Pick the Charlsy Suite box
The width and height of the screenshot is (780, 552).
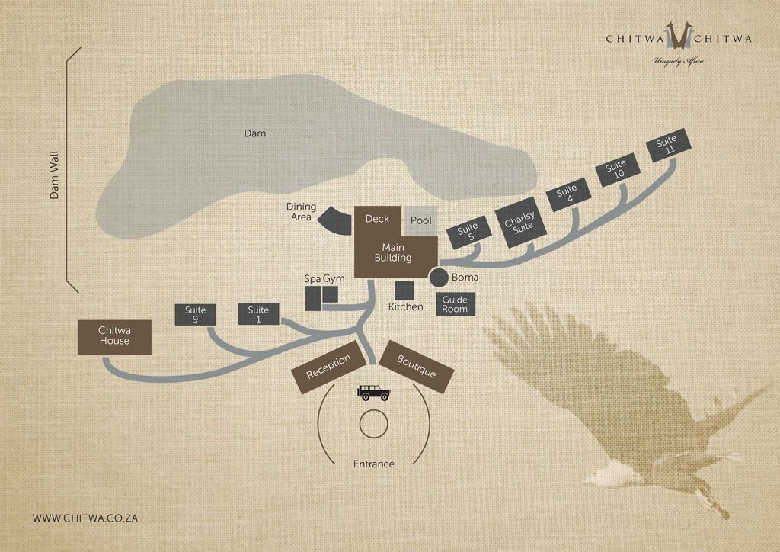[x=519, y=226]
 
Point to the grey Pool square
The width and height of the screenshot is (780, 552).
[x=421, y=220]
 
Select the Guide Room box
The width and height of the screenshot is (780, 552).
[x=455, y=304]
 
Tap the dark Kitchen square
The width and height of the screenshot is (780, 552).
[x=404, y=291]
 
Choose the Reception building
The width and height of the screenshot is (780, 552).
[x=328, y=367]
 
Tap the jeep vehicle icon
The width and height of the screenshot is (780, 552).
[x=374, y=393]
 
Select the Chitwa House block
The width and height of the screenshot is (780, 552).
[x=114, y=336]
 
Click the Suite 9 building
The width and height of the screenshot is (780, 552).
[x=196, y=315]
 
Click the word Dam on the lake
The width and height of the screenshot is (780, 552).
[x=254, y=133]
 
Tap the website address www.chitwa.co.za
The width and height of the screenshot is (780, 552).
[x=85, y=518]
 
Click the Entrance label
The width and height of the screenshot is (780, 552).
[x=374, y=464]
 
